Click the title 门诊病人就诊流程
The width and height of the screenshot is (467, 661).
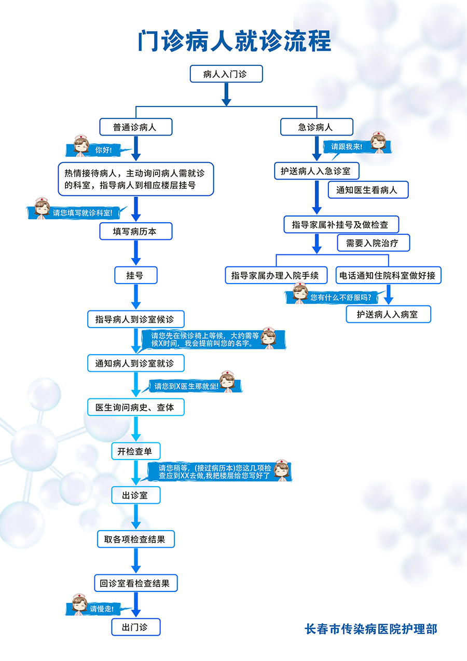234,41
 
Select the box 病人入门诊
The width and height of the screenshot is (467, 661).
226,74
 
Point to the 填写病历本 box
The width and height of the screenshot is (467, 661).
135,232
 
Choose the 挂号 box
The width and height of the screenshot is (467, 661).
135,276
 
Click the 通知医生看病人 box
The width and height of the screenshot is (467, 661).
367,190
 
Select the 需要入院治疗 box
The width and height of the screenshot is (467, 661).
373,243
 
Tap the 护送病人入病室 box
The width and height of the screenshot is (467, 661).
388,314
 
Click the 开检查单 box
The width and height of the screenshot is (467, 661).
135,451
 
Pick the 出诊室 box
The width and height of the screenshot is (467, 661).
135,495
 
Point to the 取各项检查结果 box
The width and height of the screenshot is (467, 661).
135,539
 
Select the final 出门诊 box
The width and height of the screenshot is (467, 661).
135,627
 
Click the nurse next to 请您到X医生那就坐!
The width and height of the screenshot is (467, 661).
227,381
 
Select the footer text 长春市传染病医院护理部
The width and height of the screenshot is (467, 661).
371,629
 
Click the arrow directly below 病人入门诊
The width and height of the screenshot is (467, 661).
226,95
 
